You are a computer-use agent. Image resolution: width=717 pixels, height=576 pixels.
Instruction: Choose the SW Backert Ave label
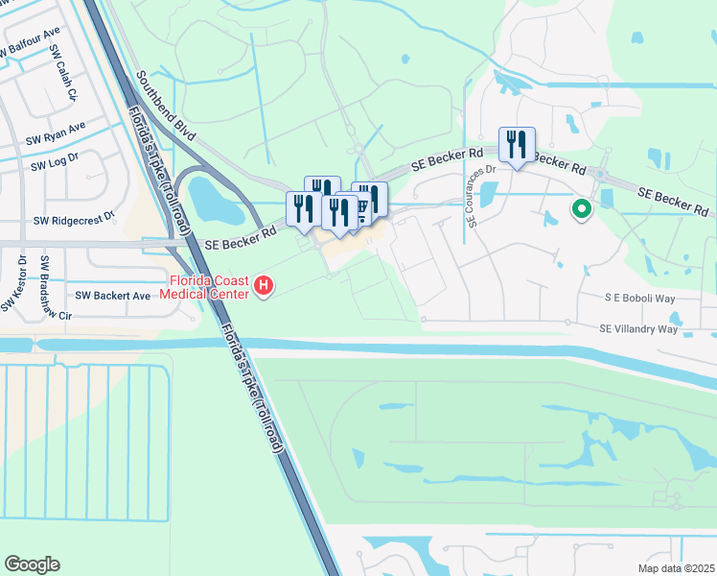(113, 296)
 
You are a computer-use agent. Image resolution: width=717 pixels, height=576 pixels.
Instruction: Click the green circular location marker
(581, 208)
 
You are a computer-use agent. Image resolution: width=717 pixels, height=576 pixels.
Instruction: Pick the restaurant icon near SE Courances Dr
(517, 145)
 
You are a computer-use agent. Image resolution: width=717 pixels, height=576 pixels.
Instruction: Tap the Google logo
(32, 564)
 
